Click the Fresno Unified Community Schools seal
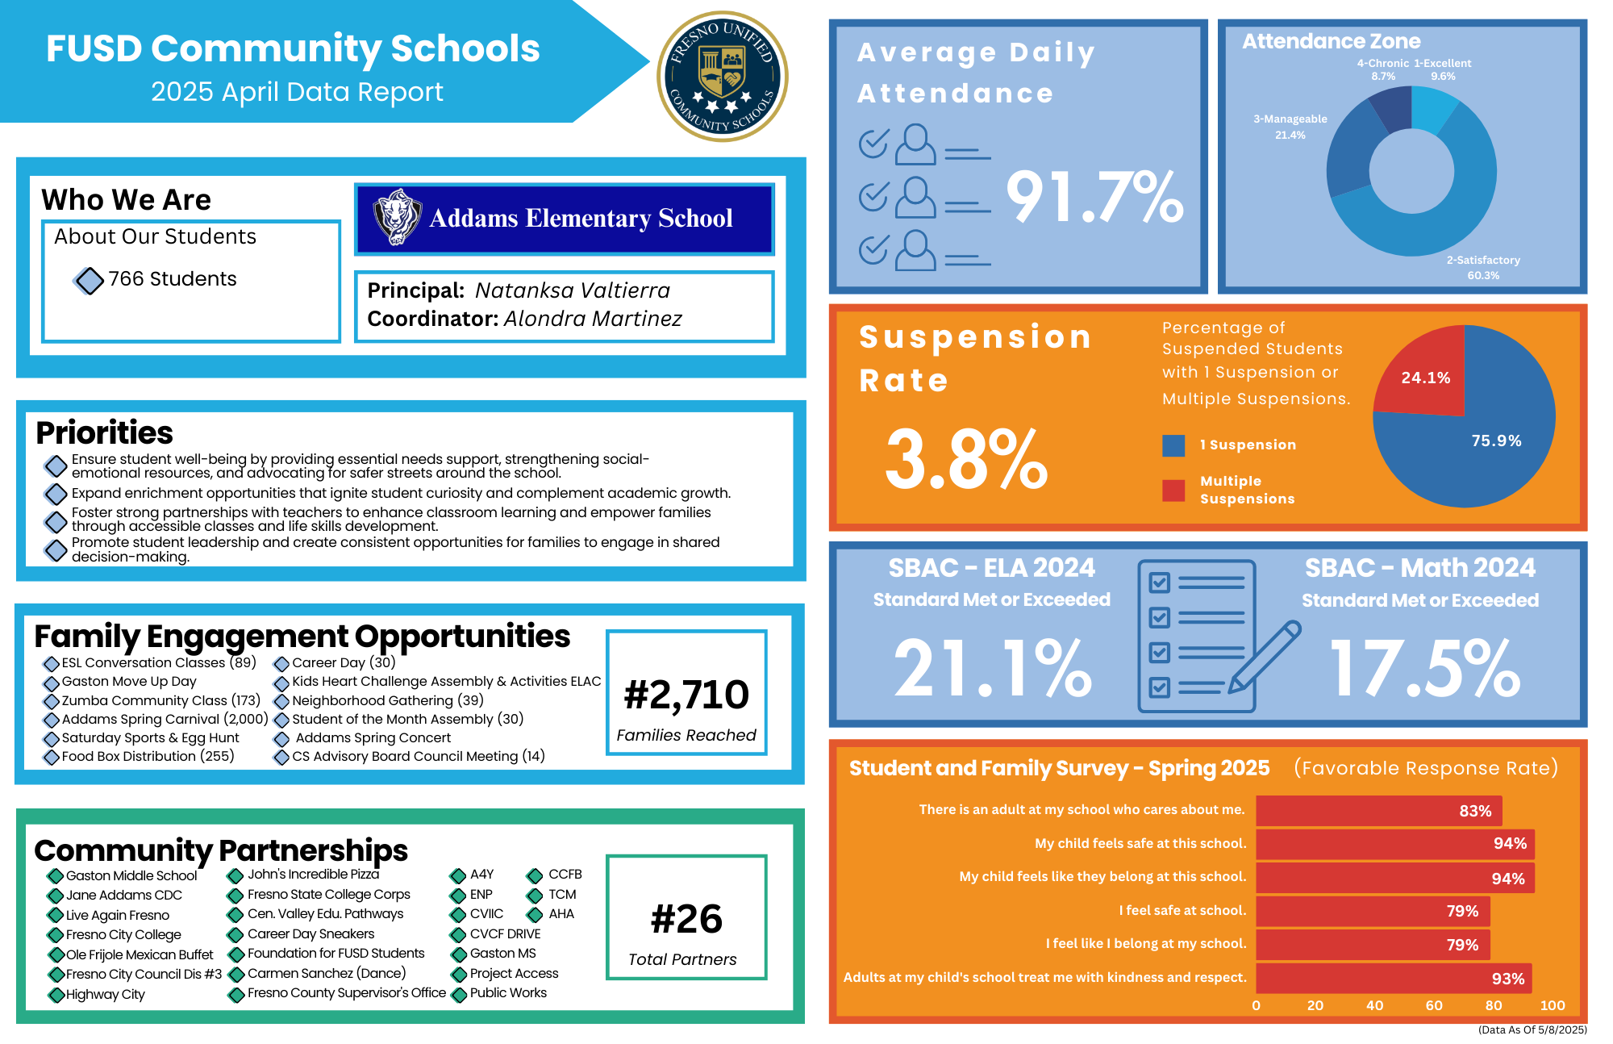[x=723, y=77]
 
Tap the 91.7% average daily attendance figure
[x=1094, y=197]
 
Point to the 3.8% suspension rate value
[x=966, y=460]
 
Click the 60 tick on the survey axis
[x=1434, y=1005]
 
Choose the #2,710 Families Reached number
[x=686, y=695]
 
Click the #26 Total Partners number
[x=686, y=919]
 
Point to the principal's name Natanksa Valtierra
[x=573, y=290]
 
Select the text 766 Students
[x=173, y=279]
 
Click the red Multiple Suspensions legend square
[x=1173, y=490]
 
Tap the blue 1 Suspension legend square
[x=1173, y=445]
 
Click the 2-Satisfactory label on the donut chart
[x=1482, y=261]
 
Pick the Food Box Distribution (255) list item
[x=148, y=757]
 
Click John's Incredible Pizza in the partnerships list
[x=313, y=875]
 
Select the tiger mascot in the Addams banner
[x=396, y=217]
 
